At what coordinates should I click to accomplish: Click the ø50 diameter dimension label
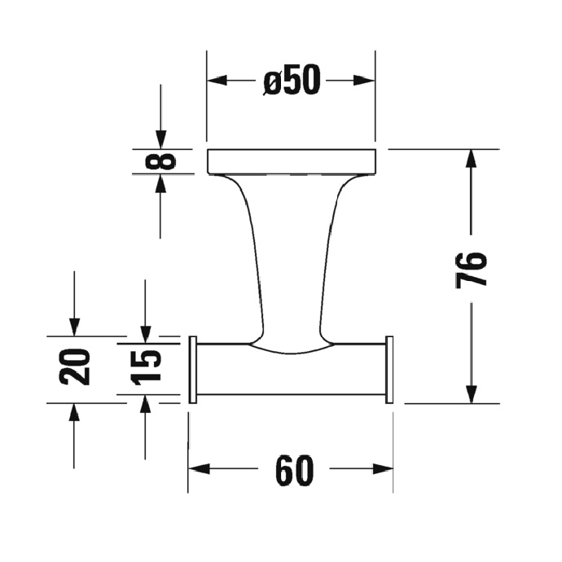[x=292, y=81]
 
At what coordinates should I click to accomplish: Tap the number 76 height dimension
[x=472, y=269]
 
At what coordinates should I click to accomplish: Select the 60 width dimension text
[x=294, y=471]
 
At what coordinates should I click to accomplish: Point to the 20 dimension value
[x=74, y=367]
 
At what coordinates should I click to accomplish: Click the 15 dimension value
[x=145, y=367]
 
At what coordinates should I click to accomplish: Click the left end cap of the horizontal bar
[x=193, y=369]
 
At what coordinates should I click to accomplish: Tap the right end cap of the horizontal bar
[x=389, y=369]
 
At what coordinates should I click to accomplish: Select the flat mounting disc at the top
[x=291, y=161]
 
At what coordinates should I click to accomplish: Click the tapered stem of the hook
[x=291, y=261]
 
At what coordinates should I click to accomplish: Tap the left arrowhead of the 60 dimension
[x=200, y=471]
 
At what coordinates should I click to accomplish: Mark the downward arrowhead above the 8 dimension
[x=160, y=139]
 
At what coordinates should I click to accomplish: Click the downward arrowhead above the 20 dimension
[x=74, y=325]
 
